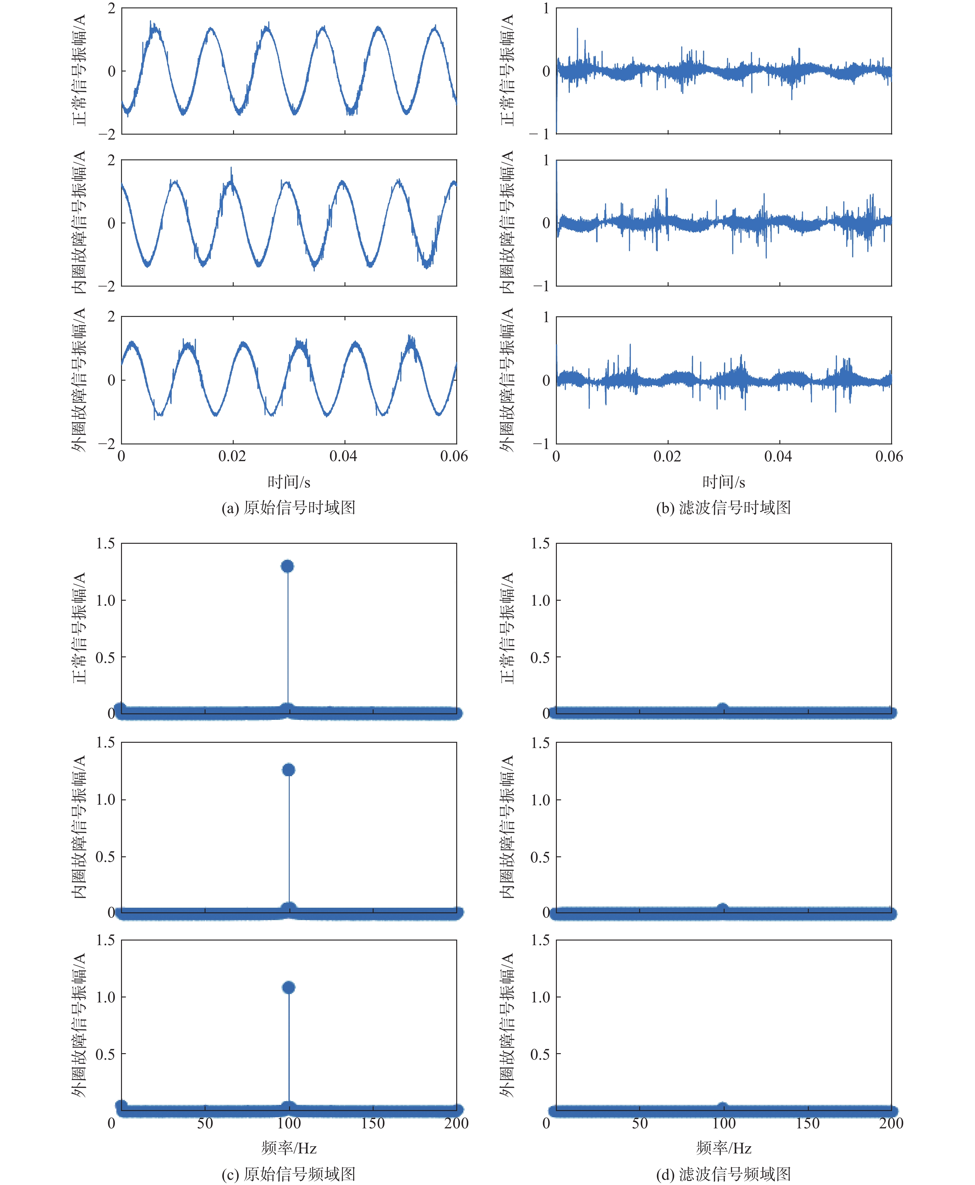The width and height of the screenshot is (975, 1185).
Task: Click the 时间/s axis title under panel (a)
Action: (x=289, y=482)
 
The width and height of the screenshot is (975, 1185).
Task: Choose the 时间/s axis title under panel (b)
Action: (x=723, y=482)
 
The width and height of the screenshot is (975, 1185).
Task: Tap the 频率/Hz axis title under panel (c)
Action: (x=289, y=1148)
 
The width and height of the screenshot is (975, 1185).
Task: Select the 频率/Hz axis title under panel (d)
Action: (x=723, y=1148)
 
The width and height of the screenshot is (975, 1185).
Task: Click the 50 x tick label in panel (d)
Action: (x=640, y=1123)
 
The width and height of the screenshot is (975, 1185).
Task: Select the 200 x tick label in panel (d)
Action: (x=891, y=1123)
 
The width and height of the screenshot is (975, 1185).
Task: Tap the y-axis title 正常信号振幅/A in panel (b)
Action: (x=507, y=71)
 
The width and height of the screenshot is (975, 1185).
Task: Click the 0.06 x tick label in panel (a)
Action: (x=454, y=456)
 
